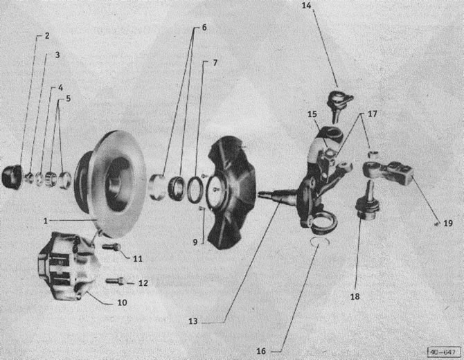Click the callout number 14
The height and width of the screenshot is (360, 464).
pos(306,6)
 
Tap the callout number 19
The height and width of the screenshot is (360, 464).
pos(448,224)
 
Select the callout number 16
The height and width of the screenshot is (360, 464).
pos(261,351)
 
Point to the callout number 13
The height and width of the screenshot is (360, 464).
pos(193,321)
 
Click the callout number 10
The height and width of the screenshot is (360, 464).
pos(122,303)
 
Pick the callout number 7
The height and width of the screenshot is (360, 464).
pos(215,63)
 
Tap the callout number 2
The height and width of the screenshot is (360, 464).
pos(47,36)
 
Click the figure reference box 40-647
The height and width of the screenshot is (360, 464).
pos(444,352)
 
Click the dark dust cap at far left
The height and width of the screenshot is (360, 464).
pos(12,177)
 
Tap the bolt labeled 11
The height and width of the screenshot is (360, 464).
pos(111,246)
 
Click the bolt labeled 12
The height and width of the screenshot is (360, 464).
pos(115,280)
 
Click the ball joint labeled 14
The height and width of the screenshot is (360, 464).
pos(339,105)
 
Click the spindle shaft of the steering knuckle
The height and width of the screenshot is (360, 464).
pos(277,195)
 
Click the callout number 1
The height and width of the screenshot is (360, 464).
pos(46,221)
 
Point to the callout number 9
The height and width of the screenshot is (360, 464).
pos(195,242)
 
